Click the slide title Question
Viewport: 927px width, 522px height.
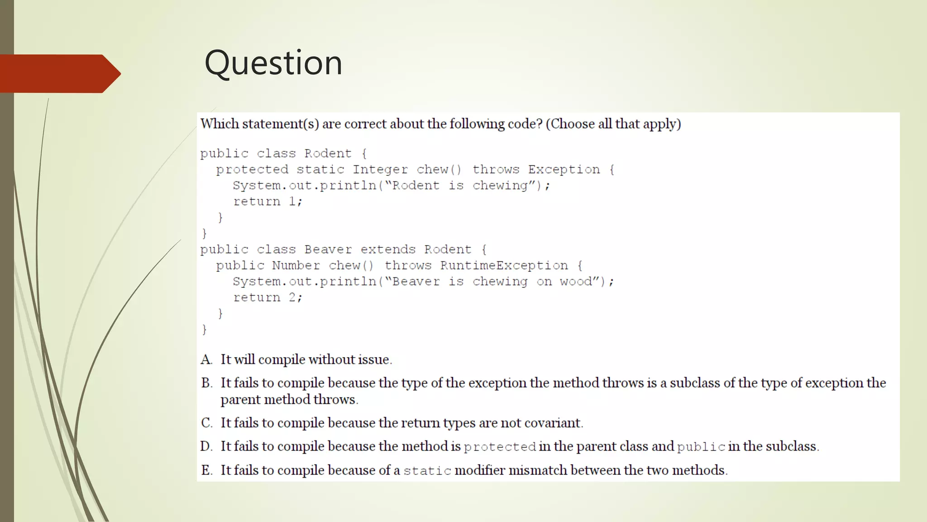coord(273,63)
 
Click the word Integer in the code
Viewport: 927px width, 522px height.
coord(380,169)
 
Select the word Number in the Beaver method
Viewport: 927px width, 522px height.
coord(296,266)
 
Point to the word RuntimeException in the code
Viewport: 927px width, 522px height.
coord(504,266)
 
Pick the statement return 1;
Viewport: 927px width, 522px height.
coord(268,202)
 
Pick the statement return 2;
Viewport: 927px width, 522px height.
coord(268,298)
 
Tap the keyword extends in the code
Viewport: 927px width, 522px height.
coord(388,250)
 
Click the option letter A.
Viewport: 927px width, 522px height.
coord(206,360)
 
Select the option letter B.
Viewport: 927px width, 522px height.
coord(206,383)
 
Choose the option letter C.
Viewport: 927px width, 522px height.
coord(206,423)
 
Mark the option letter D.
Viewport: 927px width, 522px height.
coord(206,447)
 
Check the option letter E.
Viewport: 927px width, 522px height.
coord(206,470)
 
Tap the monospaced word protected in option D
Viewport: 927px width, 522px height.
coord(500,447)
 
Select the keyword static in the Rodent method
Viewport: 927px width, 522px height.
coord(320,169)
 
